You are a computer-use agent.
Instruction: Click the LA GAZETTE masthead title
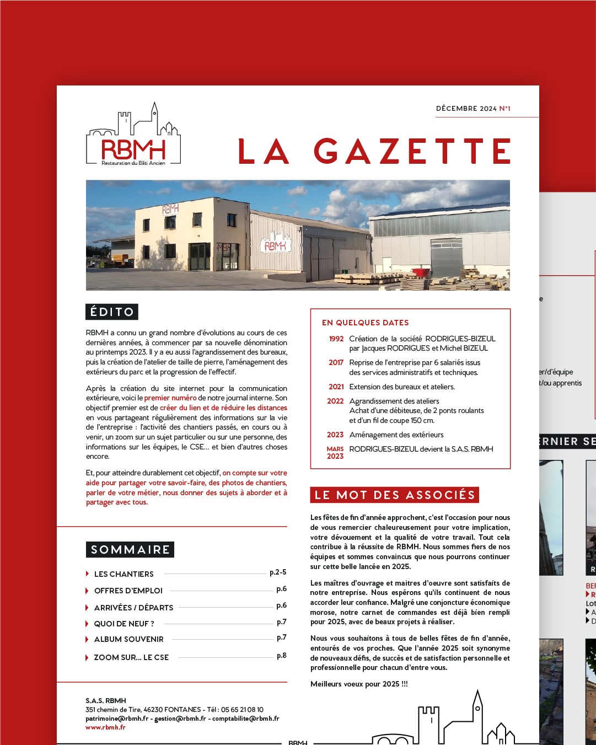pyautogui.click(x=374, y=151)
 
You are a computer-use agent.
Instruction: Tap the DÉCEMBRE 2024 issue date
pyautogui.click(x=466, y=109)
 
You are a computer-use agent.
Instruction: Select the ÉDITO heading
pyautogui.click(x=112, y=312)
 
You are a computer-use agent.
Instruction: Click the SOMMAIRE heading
pyautogui.click(x=130, y=550)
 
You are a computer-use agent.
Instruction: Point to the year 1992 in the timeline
pyautogui.click(x=336, y=339)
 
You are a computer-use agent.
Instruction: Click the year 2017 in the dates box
pyautogui.click(x=336, y=363)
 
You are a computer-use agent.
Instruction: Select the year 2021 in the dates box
pyautogui.click(x=336, y=387)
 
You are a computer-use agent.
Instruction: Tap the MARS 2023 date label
pyautogui.click(x=335, y=453)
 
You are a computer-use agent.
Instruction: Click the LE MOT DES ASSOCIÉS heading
pyautogui.click(x=395, y=495)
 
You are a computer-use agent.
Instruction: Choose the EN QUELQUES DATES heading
pyautogui.click(x=366, y=323)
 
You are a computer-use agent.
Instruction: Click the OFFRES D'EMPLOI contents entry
pyautogui.click(x=128, y=591)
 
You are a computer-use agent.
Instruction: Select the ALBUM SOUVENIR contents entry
pyautogui.click(x=129, y=639)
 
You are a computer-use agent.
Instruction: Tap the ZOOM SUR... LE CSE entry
pyautogui.click(x=131, y=657)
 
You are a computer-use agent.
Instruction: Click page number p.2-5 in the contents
pyautogui.click(x=278, y=572)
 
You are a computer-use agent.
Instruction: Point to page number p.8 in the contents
pyautogui.click(x=281, y=656)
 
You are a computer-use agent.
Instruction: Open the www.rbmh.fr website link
pyautogui.click(x=105, y=727)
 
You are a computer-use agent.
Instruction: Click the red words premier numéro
pyautogui.click(x=170, y=398)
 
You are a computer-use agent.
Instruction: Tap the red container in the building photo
pyautogui.click(x=422, y=272)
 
